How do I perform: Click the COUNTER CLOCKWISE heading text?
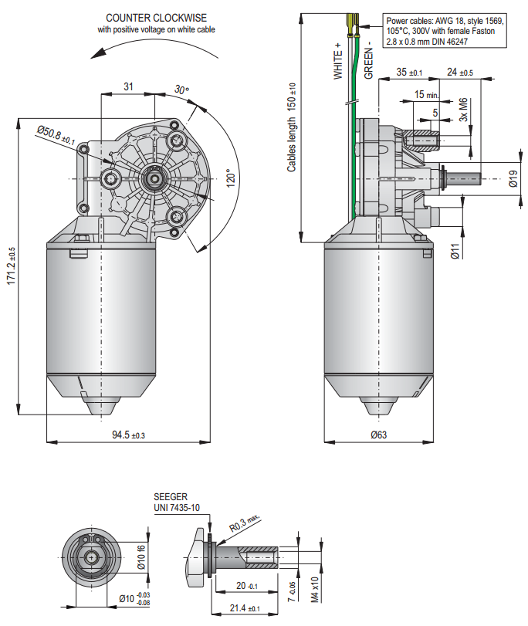click(156, 18)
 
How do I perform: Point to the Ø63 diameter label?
click(378, 435)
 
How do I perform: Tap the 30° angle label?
click(181, 90)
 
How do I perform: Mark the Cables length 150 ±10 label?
click(292, 127)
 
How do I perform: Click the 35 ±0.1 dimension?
click(409, 72)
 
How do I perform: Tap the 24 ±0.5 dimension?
click(460, 72)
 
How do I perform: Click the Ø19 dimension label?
click(512, 179)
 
